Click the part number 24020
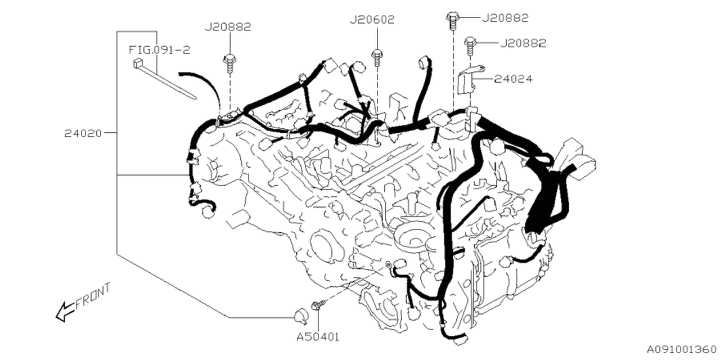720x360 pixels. click(x=82, y=134)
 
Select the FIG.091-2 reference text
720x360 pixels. click(x=160, y=50)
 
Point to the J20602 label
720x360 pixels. click(x=372, y=20)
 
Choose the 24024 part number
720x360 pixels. click(x=513, y=79)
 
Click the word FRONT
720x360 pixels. click(x=93, y=295)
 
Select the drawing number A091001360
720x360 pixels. click(x=682, y=349)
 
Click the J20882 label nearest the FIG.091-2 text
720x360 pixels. click(x=228, y=26)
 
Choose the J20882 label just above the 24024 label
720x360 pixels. click(x=523, y=43)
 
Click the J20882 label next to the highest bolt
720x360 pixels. click(x=505, y=18)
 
